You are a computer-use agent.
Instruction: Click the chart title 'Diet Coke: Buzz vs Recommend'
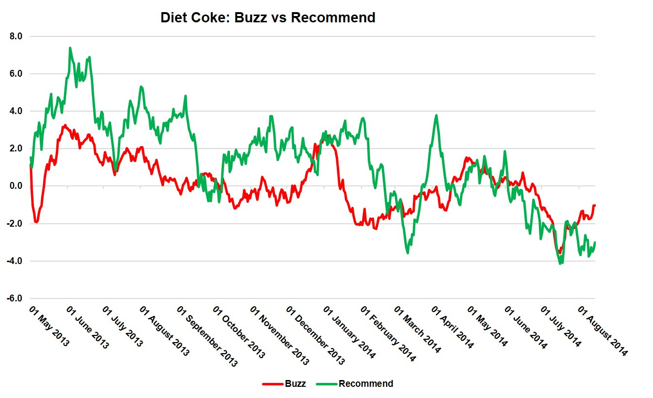268,18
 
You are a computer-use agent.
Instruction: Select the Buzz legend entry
295,384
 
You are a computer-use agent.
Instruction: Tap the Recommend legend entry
365,384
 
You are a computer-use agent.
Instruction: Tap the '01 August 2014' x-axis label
604,331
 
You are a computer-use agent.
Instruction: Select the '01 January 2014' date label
349,332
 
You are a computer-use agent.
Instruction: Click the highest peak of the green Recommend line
70,48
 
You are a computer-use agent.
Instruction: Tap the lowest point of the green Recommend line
561,264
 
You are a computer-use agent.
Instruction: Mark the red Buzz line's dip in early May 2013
36,222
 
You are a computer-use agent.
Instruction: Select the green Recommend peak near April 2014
437,116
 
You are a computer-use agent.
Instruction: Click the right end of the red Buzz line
594,205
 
